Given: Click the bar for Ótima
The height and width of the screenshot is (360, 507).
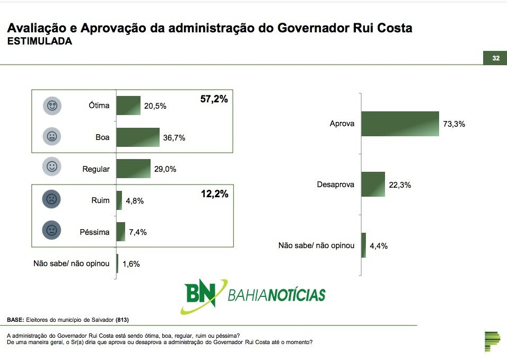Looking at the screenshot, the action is coord(128,106).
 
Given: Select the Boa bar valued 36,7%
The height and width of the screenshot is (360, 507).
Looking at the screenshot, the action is coord(138,137).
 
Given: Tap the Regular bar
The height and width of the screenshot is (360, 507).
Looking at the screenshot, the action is coord(134,169).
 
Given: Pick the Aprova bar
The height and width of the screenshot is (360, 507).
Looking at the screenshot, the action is coord(400,124).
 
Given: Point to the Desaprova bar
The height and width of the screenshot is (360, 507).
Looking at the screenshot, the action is coord(373,184).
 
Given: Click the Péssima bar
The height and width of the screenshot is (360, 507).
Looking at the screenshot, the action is coord(120,232).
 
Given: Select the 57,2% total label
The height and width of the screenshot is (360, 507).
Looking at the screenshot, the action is coord(214,99).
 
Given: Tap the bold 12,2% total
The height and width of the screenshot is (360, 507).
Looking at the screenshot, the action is coord(215,194).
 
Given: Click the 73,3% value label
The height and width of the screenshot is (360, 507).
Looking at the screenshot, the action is coord(454,124).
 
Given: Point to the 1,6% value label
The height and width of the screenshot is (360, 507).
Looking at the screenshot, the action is coord(132,264).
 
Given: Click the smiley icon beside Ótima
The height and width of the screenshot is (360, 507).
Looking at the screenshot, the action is coord(52,106).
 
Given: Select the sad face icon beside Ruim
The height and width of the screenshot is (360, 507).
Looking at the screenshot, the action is coord(51,199).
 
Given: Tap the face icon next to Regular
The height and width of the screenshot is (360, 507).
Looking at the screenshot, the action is coord(52,166).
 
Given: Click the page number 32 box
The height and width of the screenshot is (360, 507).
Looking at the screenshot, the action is coord(495,58).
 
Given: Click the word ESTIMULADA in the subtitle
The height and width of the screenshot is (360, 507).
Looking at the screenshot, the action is coord(39,41).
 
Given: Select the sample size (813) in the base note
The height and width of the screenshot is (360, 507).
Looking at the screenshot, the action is coord(122,320).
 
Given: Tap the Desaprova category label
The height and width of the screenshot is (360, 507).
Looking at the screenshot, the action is coord(335,185).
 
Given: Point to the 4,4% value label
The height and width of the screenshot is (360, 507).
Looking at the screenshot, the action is coord(379,246).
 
